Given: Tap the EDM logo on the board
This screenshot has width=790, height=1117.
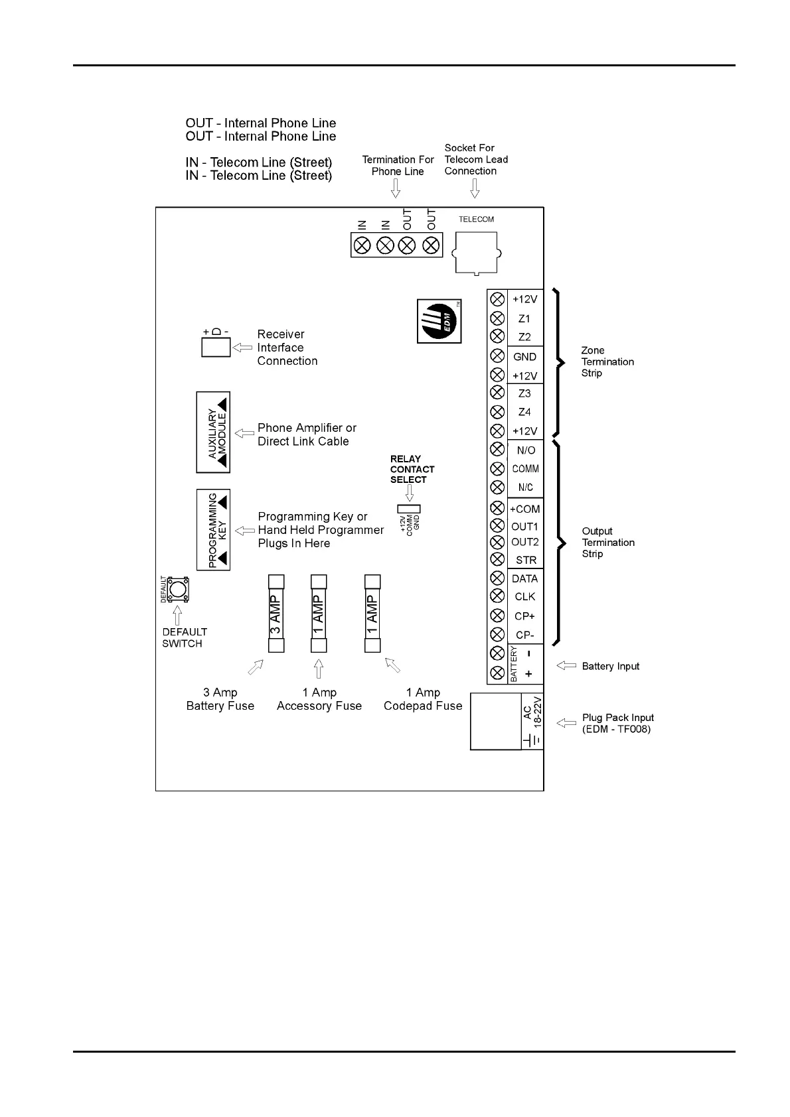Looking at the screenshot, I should pyautogui.click(x=439, y=321).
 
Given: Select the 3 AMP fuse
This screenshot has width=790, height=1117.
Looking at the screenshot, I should pyautogui.click(x=276, y=614).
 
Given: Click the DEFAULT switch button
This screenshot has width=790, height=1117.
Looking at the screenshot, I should pyautogui.click(x=177, y=589).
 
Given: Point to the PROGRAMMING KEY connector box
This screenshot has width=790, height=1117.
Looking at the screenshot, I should pyautogui.click(x=214, y=530).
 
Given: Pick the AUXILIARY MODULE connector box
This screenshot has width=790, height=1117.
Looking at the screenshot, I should pyautogui.click(x=213, y=432).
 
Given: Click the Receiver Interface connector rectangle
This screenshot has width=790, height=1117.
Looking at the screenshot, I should pyautogui.click(x=216, y=348).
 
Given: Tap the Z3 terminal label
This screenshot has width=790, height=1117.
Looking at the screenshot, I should pyautogui.click(x=524, y=393).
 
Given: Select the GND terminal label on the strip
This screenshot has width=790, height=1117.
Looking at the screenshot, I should pyautogui.click(x=524, y=357).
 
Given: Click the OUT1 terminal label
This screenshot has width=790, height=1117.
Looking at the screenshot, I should pyautogui.click(x=524, y=527).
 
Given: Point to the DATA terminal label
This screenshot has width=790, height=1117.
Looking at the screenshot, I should pyautogui.click(x=524, y=578).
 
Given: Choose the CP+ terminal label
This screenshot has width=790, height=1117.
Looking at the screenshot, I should pyautogui.click(x=524, y=616).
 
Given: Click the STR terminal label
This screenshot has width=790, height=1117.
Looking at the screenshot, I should pyautogui.click(x=526, y=560).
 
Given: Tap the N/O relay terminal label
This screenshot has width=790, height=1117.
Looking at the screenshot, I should pyautogui.click(x=526, y=450).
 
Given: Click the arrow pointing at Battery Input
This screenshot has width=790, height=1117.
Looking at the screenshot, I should pyautogui.click(x=566, y=666).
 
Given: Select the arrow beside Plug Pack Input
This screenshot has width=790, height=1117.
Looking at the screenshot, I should pyautogui.click(x=566, y=723).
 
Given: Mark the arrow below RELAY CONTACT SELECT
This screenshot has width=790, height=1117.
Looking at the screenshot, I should pyautogui.click(x=409, y=493).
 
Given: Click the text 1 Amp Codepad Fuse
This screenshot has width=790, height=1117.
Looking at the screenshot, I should pyautogui.click(x=423, y=699).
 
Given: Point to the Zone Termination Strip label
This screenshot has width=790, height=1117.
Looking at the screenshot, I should pyautogui.click(x=607, y=361).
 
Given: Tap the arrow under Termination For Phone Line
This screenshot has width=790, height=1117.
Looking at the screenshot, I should pyautogui.click(x=396, y=189).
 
